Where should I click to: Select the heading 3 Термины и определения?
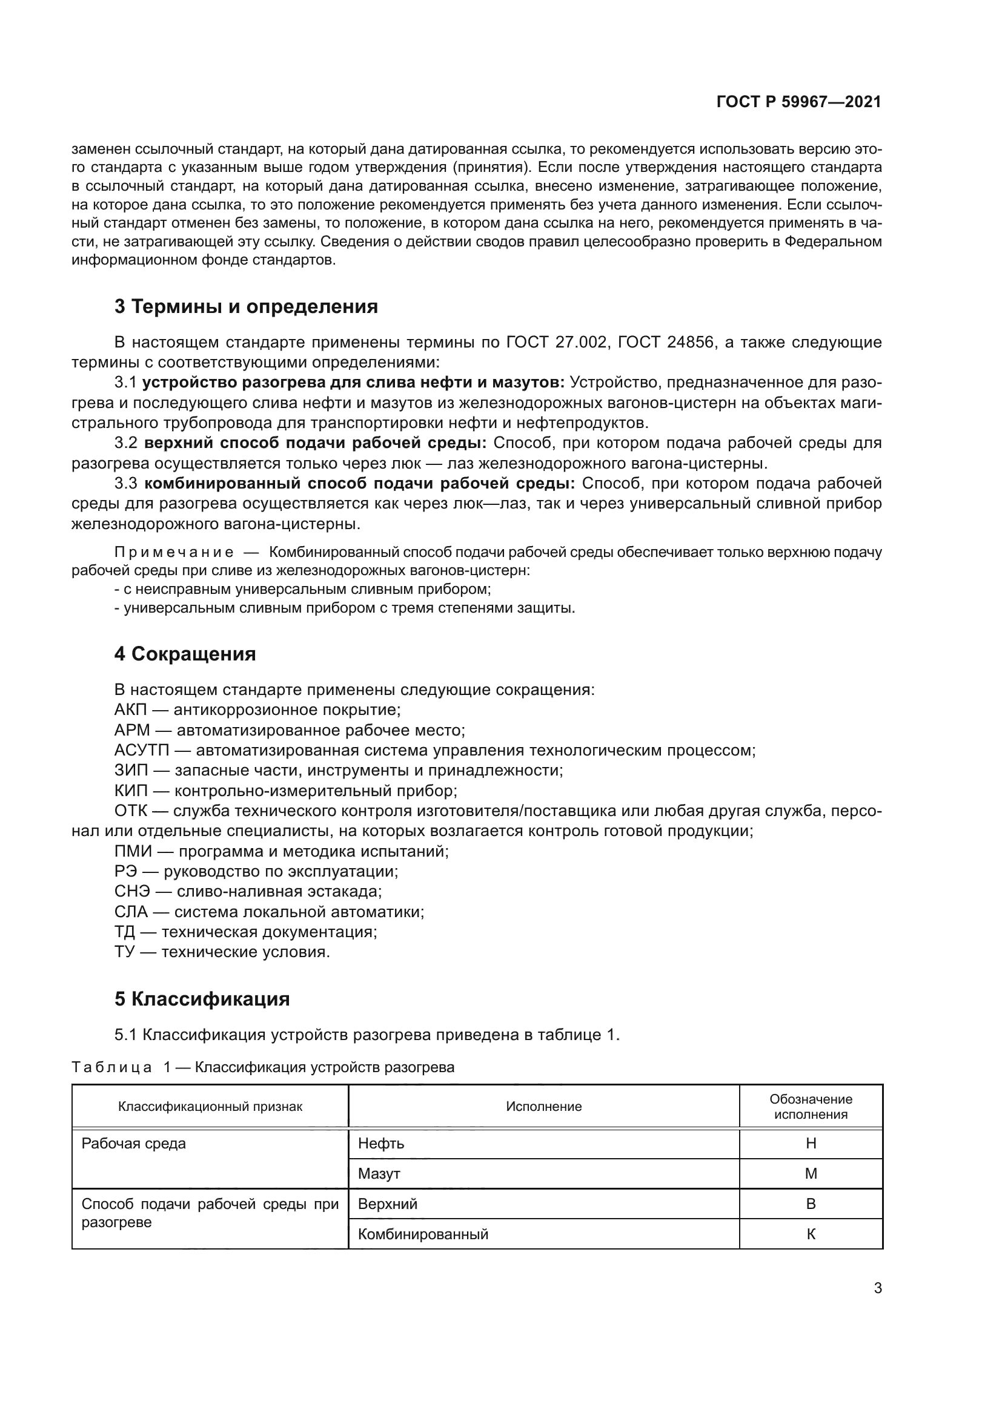click(245, 306)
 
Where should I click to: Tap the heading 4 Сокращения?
click(185, 654)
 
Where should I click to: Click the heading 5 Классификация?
click(202, 998)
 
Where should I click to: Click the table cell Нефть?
click(380, 1144)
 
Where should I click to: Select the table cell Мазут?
click(379, 1174)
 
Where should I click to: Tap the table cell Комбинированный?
click(423, 1234)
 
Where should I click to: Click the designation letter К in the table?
click(811, 1234)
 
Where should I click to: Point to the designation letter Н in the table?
click(811, 1144)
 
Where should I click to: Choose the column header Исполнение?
click(543, 1107)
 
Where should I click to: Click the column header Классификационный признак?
click(210, 1107)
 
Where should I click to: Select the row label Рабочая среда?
click(133, 1144)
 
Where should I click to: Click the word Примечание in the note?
click(174, 552)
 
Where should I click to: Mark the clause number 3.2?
click(126, 443)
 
